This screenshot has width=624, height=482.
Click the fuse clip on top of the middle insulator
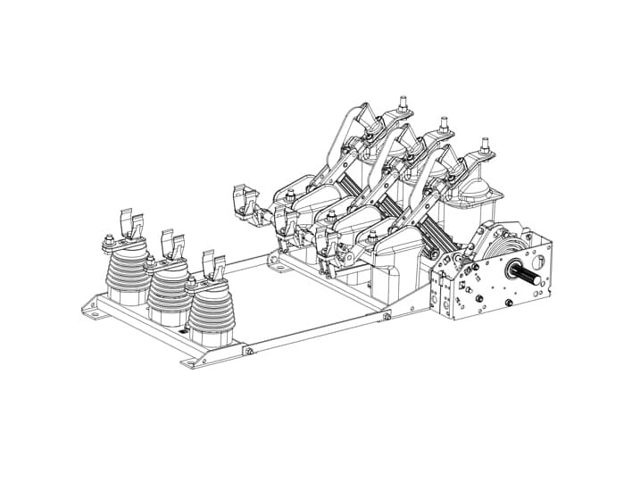[172, 242]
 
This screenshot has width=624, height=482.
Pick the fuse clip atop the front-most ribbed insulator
[214, 262]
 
